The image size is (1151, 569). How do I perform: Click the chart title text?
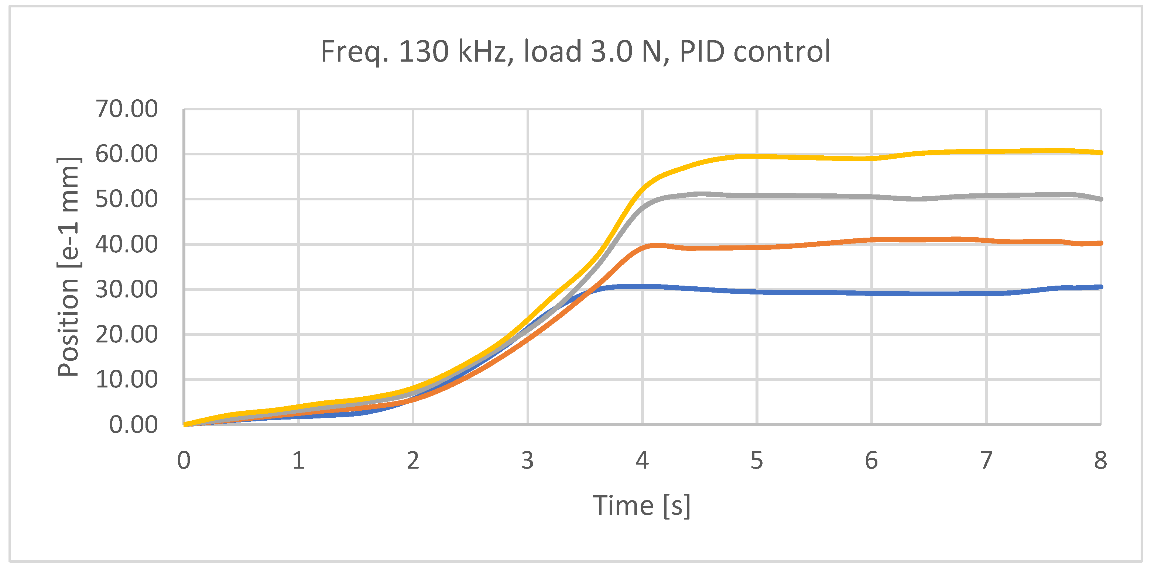[575, 52]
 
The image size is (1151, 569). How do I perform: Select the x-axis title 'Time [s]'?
[642, 506]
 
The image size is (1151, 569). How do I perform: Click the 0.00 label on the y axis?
[134, 425]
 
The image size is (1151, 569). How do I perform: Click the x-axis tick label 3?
[528, 461]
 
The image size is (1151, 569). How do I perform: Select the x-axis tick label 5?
[757, 461]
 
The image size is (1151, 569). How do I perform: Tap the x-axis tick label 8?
[1100, 461]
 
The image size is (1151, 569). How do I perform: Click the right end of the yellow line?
[1100, 153]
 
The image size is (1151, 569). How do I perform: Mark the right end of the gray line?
[1100, 199]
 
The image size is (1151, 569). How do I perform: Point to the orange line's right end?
[1100, 243]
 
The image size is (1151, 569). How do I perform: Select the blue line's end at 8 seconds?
[1100, 287]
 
